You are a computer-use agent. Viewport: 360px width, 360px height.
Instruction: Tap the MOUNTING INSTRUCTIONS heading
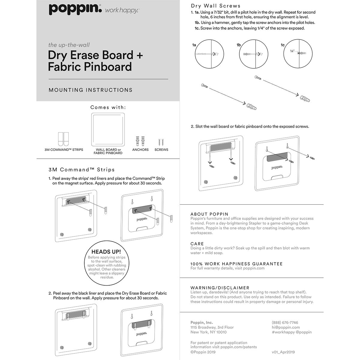coord(90,90)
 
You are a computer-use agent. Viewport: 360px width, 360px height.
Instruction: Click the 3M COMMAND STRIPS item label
coord(64,150)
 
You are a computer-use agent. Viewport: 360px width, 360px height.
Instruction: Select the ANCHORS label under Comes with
coord(140,150)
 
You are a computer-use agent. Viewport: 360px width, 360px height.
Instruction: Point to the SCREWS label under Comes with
coord(161,150)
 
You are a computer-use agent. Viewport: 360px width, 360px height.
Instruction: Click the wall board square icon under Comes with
coord(108,130)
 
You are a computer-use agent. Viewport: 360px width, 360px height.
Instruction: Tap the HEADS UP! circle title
coord(106,252)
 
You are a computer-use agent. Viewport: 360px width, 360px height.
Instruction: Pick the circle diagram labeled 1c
coord(298,54)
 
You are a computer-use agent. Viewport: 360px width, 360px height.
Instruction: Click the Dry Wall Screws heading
coord(216,6)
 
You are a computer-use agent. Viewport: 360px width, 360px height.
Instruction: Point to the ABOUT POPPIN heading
coord(209,214)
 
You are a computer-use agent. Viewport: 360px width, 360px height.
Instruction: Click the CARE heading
coord(197,244)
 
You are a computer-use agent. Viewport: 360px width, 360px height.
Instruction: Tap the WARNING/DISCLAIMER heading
coord(220,288)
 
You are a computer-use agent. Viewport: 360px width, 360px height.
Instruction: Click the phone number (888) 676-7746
coord(285,323)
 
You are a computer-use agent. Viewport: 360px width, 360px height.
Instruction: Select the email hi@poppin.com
coord(286,328)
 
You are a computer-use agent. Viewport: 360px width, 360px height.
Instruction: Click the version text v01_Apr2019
coord(283,352)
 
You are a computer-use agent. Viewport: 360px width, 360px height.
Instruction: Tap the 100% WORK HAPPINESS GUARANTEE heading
coord(236,264)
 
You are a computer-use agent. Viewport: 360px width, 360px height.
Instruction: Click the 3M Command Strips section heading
coord(82,170)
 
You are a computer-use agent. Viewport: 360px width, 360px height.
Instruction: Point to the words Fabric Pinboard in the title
coord(90,67)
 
